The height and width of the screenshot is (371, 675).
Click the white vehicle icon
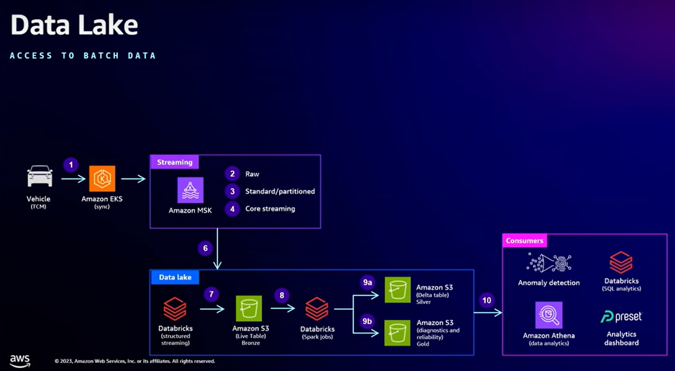(x=40, y=177)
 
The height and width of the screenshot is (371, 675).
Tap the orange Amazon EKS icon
(x=102, y=178)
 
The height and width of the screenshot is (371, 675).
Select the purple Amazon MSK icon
(x=190, y=190)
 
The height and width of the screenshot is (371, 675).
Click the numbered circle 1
(x=70, y=164)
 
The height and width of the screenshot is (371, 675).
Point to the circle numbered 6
(x=205, y=248)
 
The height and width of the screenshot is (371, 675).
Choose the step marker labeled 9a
(x=368, y=282)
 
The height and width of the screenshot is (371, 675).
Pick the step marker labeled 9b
(x=368, y=321)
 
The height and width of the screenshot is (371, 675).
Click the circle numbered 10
(x=487, y=300)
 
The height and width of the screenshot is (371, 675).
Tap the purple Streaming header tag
(x=175, y=162)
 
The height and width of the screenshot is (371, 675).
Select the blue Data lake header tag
(x=175, y=277)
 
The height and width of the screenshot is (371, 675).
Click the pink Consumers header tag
(x=525, y=241)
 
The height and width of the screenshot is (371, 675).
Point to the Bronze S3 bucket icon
(x=249, y=309)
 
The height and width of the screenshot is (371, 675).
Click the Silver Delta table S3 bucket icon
(x=398, y=290)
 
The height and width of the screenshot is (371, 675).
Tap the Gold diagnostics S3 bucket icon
(x=398, y=332)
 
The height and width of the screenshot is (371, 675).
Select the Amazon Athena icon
(x=549, y=315)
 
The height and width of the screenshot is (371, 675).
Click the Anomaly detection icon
(x=549, y=263)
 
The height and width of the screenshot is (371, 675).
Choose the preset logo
(x=621, y=316)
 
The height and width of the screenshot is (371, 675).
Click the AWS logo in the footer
(x=20, y=361)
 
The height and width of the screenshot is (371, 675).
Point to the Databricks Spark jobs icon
(x=317, y=309)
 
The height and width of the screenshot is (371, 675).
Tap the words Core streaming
(x=270, y=209)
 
